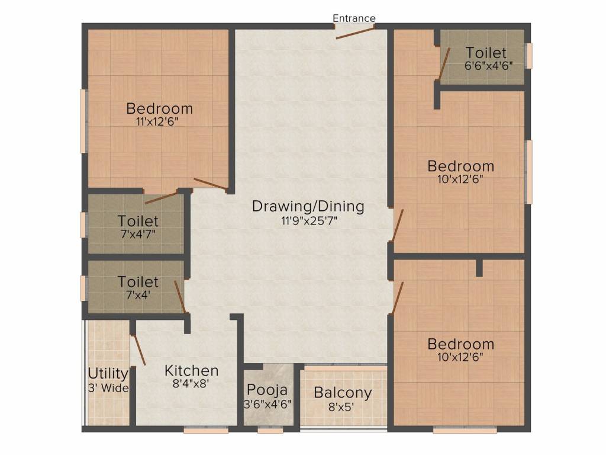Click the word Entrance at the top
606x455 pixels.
(x=354, y=18)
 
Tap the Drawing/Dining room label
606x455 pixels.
(x=308, y=207)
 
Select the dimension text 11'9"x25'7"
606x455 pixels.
(x=308, y=220)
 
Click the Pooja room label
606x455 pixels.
(x=267, y=390)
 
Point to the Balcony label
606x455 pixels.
(x=343, y=393)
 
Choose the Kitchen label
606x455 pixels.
(x=191, y=371)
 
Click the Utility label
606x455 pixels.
(x=108, y=374)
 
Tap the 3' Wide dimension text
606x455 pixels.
(x=108, y=388)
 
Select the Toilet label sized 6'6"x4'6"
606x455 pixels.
(x=486, y=52)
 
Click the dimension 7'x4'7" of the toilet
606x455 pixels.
(x=138, y=234)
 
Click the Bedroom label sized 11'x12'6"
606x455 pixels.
(x=160, y=109)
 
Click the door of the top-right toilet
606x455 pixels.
(x=444, y=63)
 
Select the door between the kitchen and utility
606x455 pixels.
(x=137, y=350)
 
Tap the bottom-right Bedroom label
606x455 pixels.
(x=460, y=344)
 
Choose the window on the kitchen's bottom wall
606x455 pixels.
(x=205, y=430)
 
